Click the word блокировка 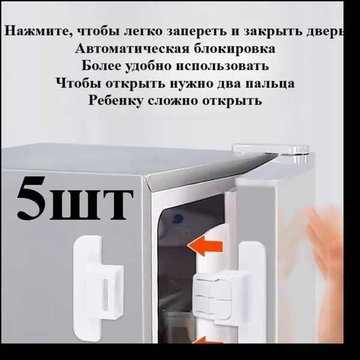pos(235,49)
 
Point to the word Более pos(101,65)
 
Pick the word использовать pos(223,66)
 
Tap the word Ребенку pos(115,101)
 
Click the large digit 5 pos(31,197)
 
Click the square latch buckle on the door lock pos(213,295)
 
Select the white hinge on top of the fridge pos(271,152)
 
